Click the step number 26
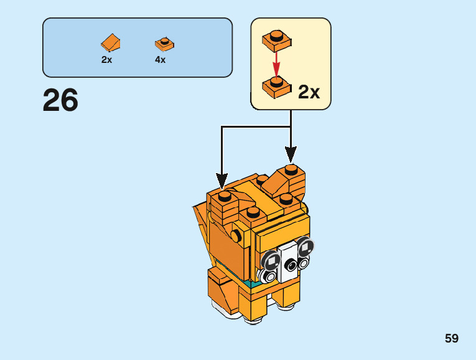[x=60, y=100]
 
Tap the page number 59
[x=452, y=338]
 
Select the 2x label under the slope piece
[x=106, y=60]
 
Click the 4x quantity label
[x=161, y=60]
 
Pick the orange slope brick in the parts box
[x=111, y=42]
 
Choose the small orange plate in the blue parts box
[x=164, y=44]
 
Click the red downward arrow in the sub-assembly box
[x=276, y=64]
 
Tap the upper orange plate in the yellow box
[x=277, y=40]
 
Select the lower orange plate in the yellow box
[x=277, y=87]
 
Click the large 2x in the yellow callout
[x=309, y=92]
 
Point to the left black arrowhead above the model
[x=222, y=181]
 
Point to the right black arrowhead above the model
[x=291, y=154]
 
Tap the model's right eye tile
[x=306, y=247]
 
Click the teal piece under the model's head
[x=253, y=284]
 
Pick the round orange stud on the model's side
[x=236, y=235]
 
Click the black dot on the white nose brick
[x=291, y=265]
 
